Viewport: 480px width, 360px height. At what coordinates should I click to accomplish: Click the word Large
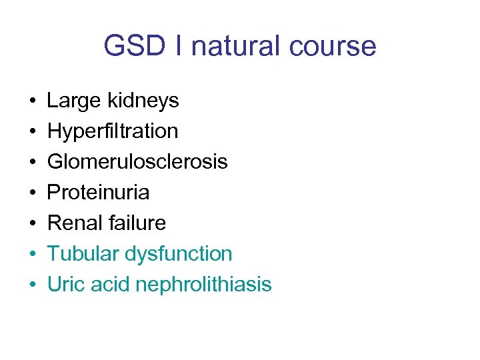73,101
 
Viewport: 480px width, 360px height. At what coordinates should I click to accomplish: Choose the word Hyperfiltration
113,131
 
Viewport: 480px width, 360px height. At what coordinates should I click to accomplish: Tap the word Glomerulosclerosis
137,162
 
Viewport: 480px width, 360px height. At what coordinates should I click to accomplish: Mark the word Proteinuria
98,193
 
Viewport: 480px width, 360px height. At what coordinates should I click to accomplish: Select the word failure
136,223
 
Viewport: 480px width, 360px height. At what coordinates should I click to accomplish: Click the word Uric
65,285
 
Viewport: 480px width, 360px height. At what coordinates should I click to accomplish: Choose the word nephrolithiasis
203,285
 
